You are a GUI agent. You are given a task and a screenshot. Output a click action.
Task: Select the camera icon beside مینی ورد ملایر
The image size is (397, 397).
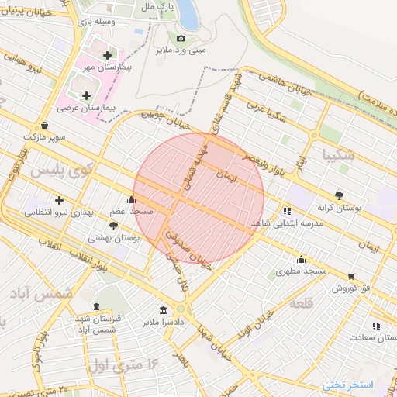click(x=181, y=39)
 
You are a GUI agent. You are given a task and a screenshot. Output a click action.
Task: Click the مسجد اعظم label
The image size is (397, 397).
click(x=130, y=211)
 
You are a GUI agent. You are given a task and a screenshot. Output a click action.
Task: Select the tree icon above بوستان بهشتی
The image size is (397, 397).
click(x=114, y=226)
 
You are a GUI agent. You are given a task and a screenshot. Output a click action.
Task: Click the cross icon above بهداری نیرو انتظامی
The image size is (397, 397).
click(x=59, y=200)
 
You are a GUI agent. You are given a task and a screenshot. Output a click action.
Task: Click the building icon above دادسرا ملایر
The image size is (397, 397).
click(x=163, y=307)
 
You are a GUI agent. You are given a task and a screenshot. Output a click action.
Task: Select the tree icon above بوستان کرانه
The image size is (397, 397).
click(x=339, y=195)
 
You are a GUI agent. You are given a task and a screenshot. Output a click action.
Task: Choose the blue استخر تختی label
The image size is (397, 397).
click(x=347, y=385)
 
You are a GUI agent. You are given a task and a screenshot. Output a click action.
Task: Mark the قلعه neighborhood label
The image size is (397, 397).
click(x=299, y=304)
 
